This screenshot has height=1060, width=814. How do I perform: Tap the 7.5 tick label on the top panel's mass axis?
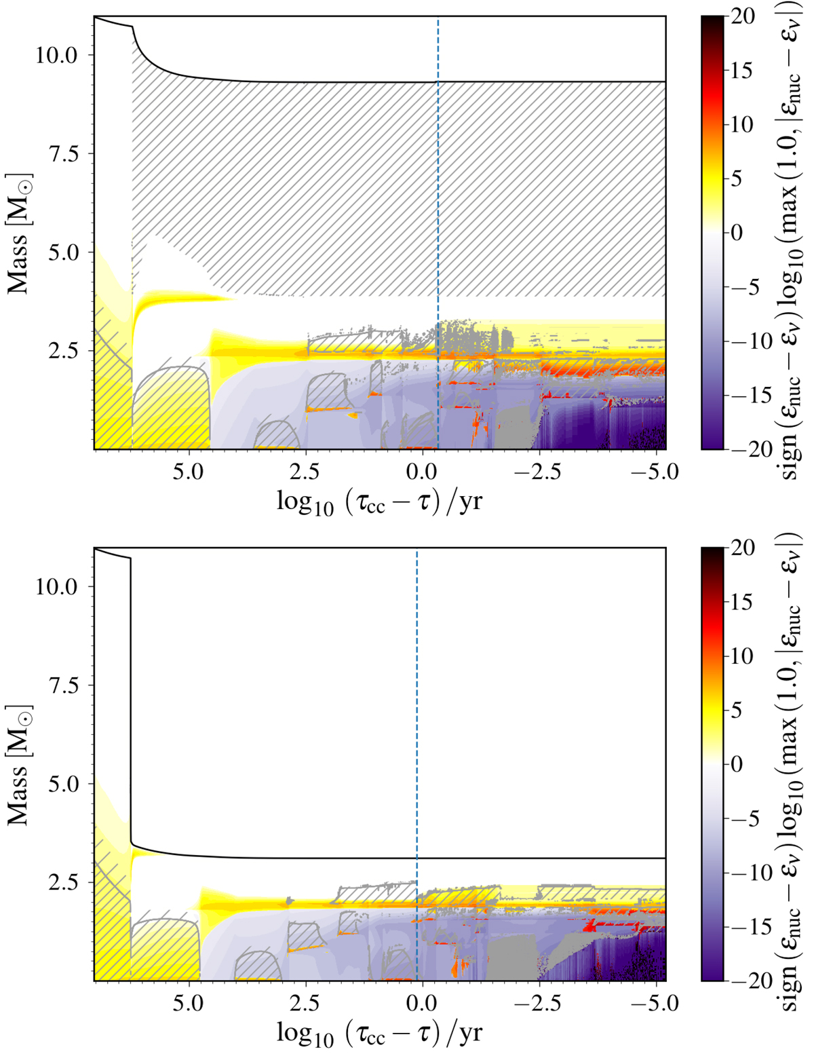click(x=64, y=154)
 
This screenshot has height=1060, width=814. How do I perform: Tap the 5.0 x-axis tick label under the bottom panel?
click(x=188, y=1003)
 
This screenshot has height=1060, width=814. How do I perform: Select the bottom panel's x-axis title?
click(x=380, y=1034)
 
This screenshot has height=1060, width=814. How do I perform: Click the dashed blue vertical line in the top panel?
click(x=438, y=170)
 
